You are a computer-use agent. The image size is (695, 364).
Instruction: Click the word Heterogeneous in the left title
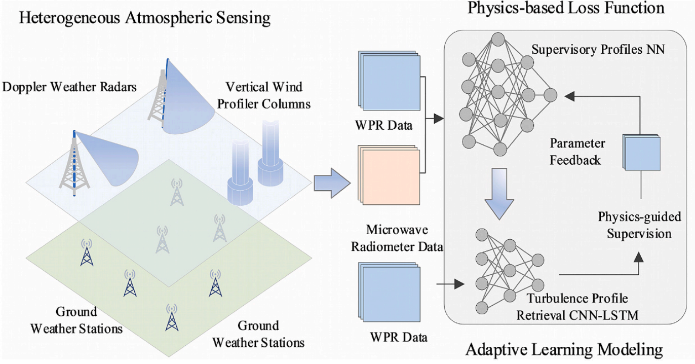coord(69,18)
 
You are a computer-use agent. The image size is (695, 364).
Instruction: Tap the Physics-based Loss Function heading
coord(566,8)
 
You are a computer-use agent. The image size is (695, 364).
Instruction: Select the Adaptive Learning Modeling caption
coord(564,350)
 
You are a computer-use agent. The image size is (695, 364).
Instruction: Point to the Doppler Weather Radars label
coord(69,87)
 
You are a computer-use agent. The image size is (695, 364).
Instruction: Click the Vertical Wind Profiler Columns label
coord(264,95)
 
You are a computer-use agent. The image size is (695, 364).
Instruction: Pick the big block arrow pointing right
coord(332,183)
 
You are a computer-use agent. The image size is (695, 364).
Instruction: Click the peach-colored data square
coord(389,175)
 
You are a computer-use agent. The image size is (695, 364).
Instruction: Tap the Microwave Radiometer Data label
coord(397,238)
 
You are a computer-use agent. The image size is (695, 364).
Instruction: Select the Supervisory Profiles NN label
coord(598,50)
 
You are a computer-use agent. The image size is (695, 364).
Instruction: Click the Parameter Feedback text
coord(577,152)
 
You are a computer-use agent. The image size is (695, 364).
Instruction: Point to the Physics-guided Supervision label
coord(639,225)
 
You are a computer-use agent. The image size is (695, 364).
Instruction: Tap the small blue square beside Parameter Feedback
coord(641,153)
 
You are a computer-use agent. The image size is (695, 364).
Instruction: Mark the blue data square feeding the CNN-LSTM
coord(390,292)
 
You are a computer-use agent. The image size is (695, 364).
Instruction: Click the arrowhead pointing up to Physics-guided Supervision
coord(639,257)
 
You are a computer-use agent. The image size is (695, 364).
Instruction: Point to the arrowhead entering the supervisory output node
coord(570,96)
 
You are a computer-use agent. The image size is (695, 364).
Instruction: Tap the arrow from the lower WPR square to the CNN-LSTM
coord(450,284)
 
